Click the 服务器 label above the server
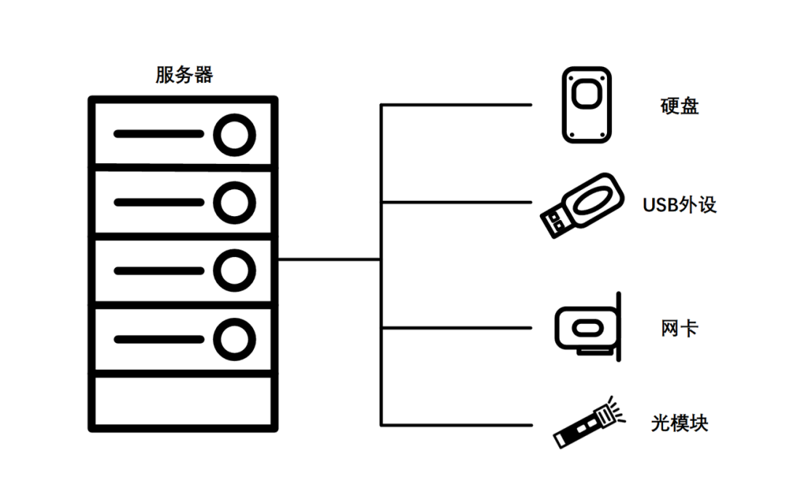coord(184,75)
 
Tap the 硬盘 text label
coord(679,106)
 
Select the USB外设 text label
coord(680,205)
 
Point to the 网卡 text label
coord(679,328)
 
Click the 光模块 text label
coord(680,423)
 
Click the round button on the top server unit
coord(234,135)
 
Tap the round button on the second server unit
coord(234,201)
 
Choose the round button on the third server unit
coord(234,270)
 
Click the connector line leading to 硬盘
coord(457,106)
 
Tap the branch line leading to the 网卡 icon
coord(457,328)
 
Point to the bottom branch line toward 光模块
coord(457,425)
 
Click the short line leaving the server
coord(329,259)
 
